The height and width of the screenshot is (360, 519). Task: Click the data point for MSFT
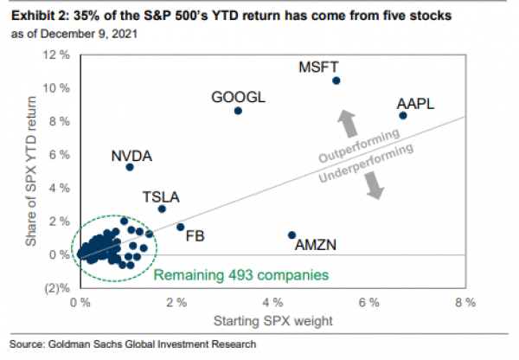[x=336, y=80]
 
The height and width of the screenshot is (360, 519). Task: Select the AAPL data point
[x=403, y=115]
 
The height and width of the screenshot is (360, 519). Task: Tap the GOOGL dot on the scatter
[x=238, y=111]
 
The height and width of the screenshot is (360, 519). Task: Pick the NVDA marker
[x=130, y=167]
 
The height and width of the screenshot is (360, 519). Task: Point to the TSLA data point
[x=162, y=209]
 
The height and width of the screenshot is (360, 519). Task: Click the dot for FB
[x=180, y=227]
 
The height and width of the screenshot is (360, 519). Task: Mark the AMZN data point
[x=292, y=235]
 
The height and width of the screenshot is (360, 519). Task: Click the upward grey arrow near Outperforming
[x=345, y=124]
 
